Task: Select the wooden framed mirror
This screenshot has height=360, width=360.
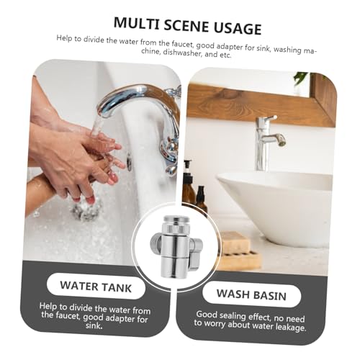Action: click(x=259, y=101)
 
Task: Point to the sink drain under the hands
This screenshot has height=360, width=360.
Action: click(x=86, y=208)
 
